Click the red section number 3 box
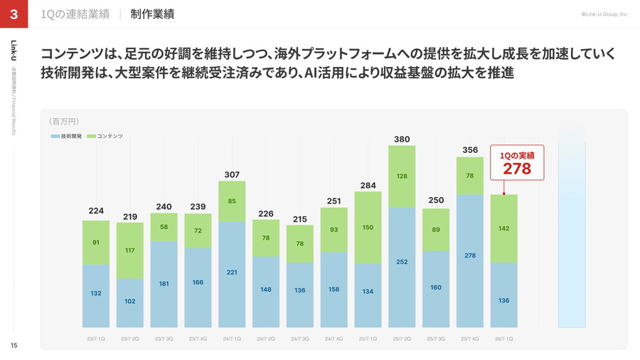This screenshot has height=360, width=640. [14, 14]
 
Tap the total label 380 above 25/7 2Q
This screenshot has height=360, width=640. [402, 139]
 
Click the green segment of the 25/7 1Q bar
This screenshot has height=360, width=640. [368, 228]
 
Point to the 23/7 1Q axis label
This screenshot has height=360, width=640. [95, 339]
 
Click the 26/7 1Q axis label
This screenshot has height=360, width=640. [503, 339]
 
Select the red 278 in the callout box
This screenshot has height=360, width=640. [517, 169]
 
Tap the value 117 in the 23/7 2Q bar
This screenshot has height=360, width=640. [129, 250]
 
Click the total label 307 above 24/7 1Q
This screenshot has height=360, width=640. [232, 174]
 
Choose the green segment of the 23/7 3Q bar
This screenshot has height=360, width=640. [164, 227]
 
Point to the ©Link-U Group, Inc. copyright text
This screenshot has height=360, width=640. [604, 14]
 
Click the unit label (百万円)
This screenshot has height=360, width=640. [64, 122]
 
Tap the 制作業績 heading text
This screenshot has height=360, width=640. [152, 14]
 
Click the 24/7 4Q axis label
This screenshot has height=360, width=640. [334, 339]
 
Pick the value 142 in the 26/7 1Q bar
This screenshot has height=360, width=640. [503, 228]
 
